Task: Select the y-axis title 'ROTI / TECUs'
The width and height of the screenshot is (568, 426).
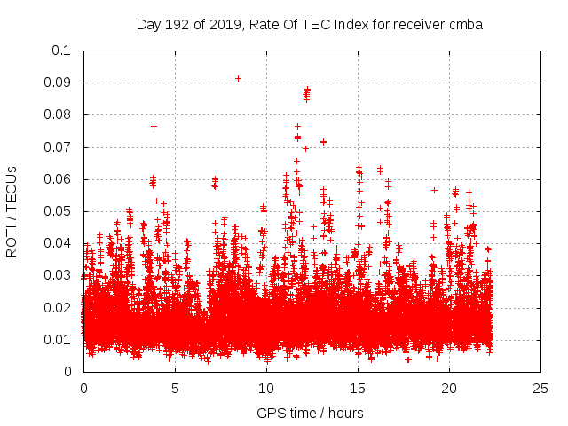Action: [12, 211]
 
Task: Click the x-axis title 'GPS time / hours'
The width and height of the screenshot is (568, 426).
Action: [310, 413]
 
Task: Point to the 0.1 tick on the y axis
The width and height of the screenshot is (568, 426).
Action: [61, 51]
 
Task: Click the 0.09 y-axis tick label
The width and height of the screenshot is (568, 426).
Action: [58, 83]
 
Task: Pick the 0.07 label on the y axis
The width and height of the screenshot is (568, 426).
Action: [58, 147]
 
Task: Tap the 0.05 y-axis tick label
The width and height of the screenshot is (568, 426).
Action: [58, 211]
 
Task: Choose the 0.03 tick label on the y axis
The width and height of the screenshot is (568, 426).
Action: [58, 275]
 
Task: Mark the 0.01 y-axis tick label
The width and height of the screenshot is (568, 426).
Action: [58, 340]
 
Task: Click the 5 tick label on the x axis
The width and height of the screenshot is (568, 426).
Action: [175, 388]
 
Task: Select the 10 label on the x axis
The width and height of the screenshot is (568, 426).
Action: [266, 388]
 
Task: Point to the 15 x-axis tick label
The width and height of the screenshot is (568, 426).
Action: [358, 388]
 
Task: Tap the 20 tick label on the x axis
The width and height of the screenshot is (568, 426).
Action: [449, 388]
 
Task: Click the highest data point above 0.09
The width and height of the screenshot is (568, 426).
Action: [238, 78]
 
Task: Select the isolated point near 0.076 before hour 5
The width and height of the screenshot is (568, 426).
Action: [154, 126]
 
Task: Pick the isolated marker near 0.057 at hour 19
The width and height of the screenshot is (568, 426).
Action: [434, 190]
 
